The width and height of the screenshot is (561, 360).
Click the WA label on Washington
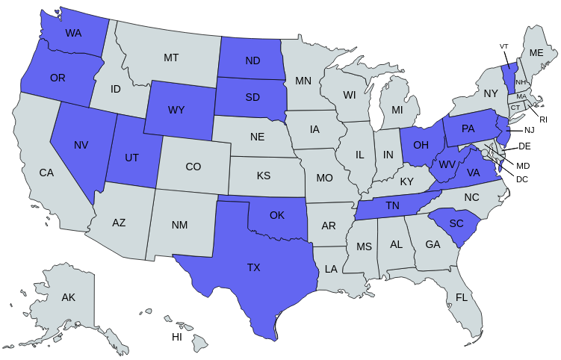pos(73,33)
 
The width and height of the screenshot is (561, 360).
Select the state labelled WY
pos(176,110)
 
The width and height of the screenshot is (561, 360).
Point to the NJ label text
pos(530,130)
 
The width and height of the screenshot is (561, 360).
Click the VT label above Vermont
pos(504,46)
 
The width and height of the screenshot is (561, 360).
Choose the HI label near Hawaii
pos(177,337)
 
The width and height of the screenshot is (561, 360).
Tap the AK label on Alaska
pos(69,297)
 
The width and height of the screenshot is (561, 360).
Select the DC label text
pos(522,179)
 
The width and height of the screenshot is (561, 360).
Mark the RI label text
pos(544,119)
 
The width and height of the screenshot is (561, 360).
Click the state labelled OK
pos(277,215)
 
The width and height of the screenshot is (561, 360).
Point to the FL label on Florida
pos(462,297)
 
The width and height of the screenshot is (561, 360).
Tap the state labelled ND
pos(252,61)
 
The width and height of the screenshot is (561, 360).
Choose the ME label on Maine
pos(536,53)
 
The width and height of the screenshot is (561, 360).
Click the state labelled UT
pos(131,158)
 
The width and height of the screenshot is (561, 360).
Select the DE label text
pos(524,146)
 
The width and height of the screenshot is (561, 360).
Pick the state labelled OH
pos(421,144)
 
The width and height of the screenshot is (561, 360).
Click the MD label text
pos(523,165)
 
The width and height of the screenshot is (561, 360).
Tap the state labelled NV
pos(81,145)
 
